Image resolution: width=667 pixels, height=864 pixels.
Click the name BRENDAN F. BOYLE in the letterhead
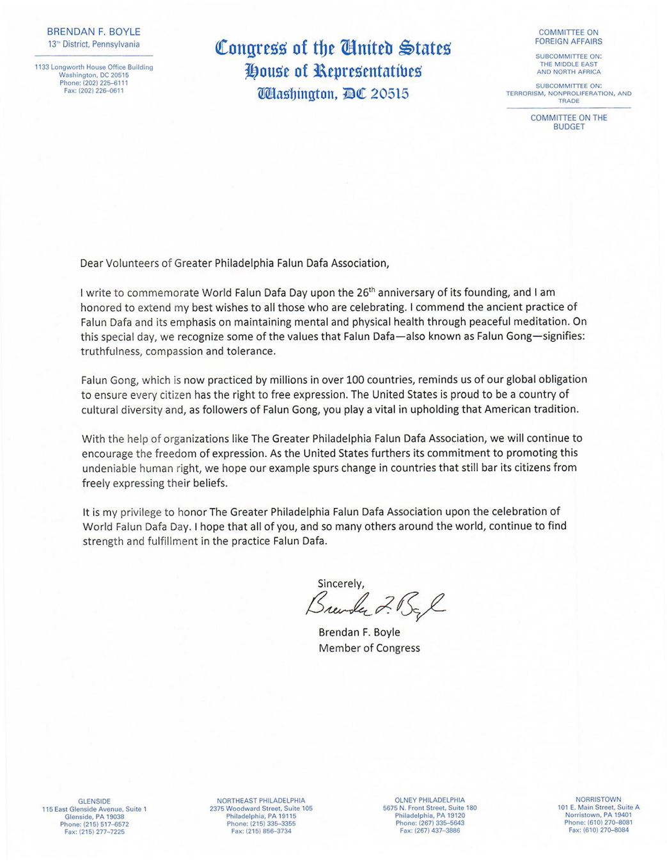pyautogui.click(x=93, y=31)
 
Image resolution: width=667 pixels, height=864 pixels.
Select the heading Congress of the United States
pyautogui.click(x=333, y=47)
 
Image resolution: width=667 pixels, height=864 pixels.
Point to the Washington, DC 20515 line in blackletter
pyautogui.click(x=333, y=93)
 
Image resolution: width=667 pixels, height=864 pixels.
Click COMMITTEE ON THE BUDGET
pyautogui.click(x=569, y=122)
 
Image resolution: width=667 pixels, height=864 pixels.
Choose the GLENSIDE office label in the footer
pyautogui.click(x=94, y=801)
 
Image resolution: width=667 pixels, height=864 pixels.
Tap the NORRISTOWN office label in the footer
pyautogui.click(x=598, y=799)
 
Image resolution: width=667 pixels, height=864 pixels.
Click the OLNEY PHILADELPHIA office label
pyautogui.click(x=429, y=800)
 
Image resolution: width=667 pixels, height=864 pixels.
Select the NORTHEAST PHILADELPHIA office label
pyautogui.click(x=261, y=801)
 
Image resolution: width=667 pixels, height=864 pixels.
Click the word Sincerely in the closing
pyautogui.click(x=341, y=584)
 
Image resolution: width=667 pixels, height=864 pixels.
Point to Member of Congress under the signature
pyautogui.click(x=369, y=648)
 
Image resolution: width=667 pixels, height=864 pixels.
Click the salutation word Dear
pyautogui.click(x=91, y=263)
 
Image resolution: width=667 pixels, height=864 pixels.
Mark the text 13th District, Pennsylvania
pyautogui.click(x=93, y=45)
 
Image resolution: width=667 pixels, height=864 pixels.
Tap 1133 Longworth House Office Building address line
pyautogui.click(x=93, y=67)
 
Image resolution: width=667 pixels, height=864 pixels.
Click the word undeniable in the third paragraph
pyautogui.click(x=109, y=468)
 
